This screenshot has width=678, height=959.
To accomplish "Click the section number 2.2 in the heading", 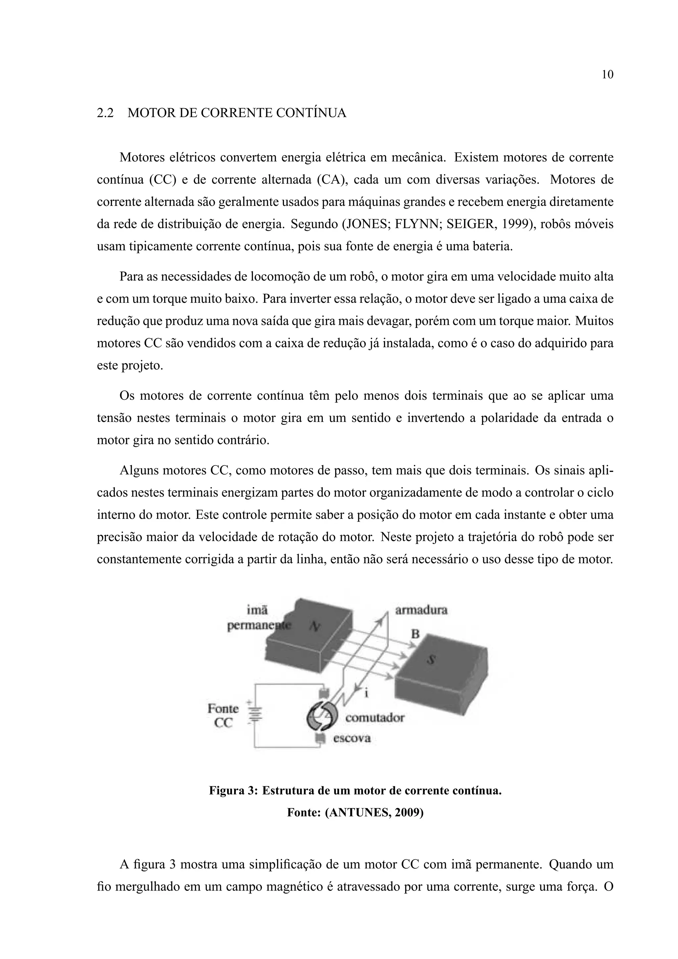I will click(105, 113).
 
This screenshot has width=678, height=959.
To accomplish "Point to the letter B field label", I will click(415, 634).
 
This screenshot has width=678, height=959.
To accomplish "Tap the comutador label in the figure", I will click(375, 718).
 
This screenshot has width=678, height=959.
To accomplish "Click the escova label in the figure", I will click(352, 739).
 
